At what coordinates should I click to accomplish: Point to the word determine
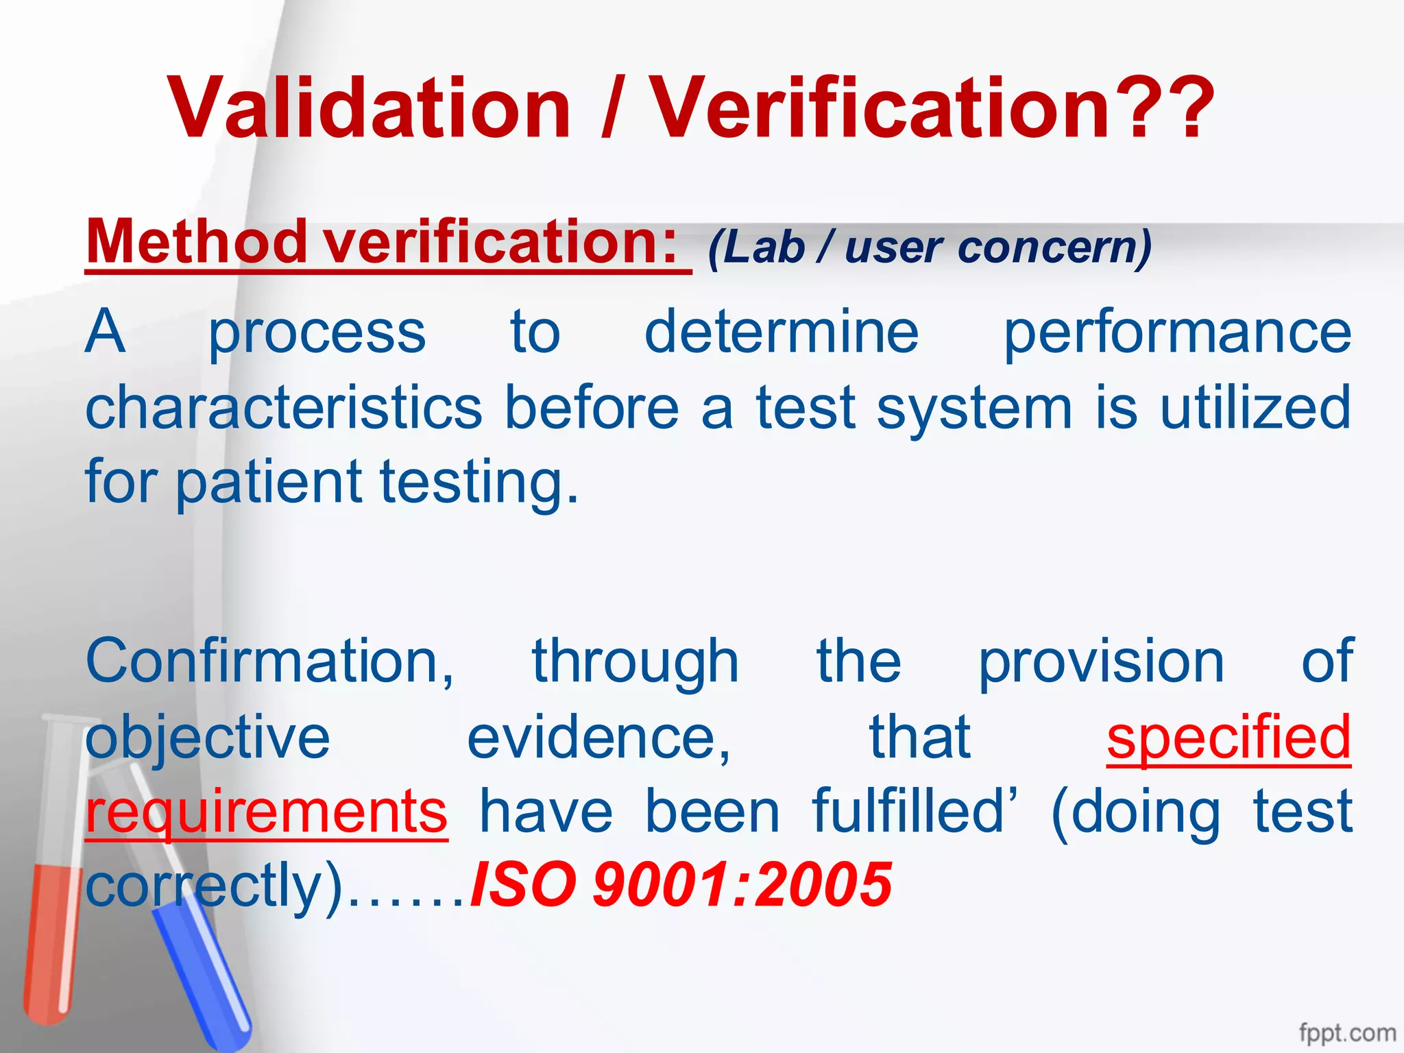point(782,332)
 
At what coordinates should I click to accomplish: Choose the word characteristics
point(284,407)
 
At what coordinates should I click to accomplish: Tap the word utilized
point(1255,407)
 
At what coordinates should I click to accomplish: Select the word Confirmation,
point(270,662)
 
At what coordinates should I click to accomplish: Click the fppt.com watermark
point(1347,1032)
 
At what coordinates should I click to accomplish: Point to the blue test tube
point(206,973)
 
